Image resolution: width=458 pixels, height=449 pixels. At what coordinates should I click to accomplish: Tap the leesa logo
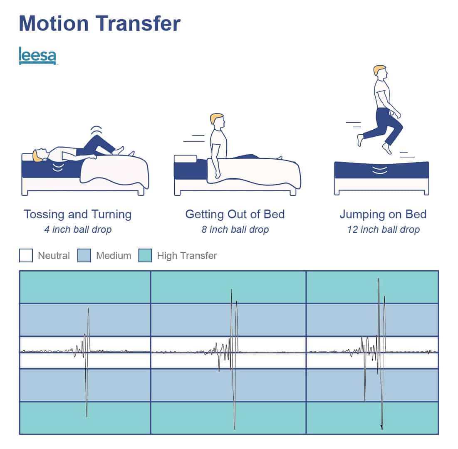point(37,55)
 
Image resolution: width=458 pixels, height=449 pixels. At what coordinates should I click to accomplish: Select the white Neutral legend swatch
point(26,255)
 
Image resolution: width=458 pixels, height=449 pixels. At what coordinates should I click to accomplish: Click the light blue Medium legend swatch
point(84,255)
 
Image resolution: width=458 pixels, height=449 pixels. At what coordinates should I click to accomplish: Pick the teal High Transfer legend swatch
point(145,255)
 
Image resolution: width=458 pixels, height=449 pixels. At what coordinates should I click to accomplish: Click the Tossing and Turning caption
point(78,215)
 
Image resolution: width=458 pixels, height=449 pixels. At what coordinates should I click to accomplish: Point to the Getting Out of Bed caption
point(235,215)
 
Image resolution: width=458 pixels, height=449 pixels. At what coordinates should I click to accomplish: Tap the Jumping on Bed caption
point(383,215)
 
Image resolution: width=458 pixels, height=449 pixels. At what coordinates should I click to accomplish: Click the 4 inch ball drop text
point(78,230)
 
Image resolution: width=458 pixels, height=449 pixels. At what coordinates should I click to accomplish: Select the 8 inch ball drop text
point(235,230)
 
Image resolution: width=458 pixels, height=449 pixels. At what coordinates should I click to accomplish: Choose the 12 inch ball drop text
point(384,230)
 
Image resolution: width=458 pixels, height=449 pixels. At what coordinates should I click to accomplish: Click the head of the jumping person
point(380,71)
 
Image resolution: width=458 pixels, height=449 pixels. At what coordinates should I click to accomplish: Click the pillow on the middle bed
point(185,159)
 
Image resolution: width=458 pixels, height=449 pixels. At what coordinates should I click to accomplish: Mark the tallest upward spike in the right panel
point(379,279)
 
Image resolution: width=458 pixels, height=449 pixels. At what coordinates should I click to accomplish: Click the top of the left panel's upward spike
point(88,308)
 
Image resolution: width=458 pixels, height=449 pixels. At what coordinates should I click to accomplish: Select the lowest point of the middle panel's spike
point(234,429)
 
